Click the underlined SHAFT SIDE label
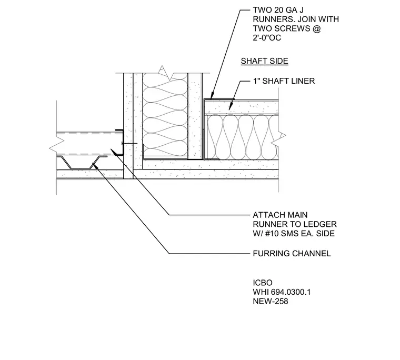[265, 61]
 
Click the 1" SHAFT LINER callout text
[284, 81]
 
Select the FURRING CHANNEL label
[292, 254]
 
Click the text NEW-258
[271, 302]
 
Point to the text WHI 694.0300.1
[282, 292]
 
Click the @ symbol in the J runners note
[316, 28]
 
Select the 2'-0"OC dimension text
[267, 38]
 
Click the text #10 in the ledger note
[272, 234]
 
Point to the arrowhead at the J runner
[212, 96]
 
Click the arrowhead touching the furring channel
[95, 165]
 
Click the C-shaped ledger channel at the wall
[120, 142]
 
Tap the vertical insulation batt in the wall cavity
[165, 115]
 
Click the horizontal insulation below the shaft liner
[242, 137]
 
